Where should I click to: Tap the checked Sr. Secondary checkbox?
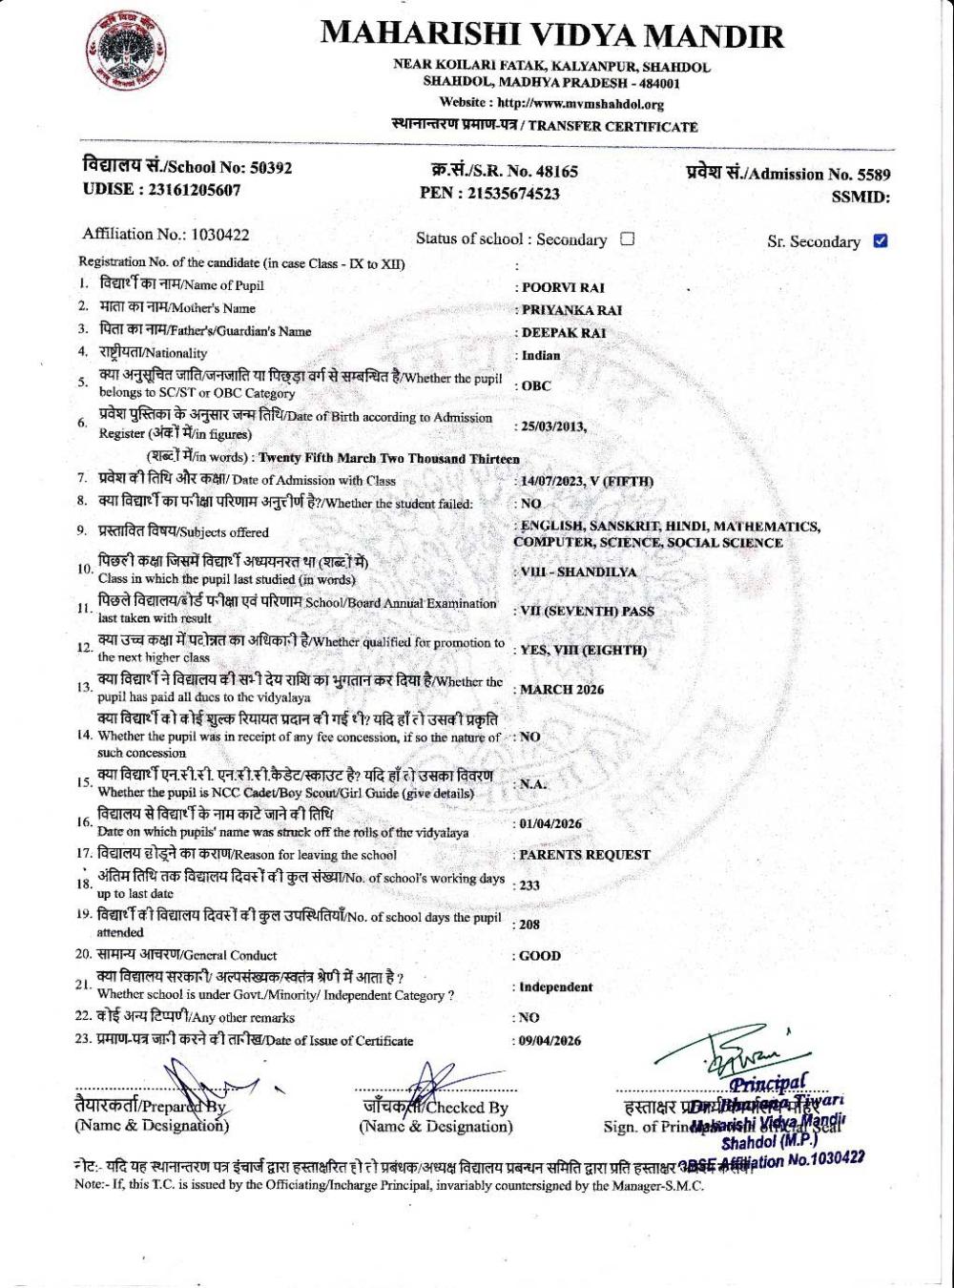(x=881, y=240)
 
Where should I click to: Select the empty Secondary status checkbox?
(x=627, y=239)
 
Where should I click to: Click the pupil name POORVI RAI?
(x=563, y=287)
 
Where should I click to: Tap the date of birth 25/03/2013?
(x=553, y=426)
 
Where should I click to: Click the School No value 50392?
(x=271, y=168)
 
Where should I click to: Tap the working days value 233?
(x=529, y=885)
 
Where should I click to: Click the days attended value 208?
(x=529, y=924)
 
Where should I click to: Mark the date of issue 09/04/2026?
(x=550, y=1041)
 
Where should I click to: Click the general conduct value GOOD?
(x=540, y=955)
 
